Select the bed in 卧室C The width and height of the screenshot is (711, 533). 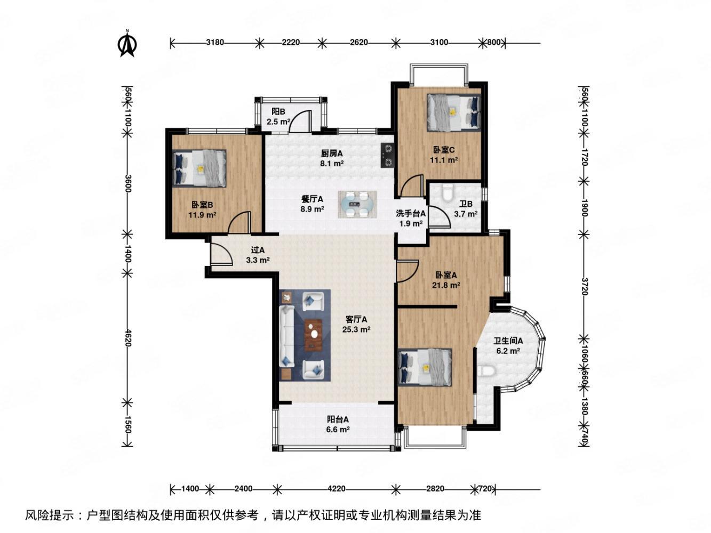coord(453,112)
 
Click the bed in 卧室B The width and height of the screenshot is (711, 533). coord(200,168)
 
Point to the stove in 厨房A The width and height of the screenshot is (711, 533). coord(387,155)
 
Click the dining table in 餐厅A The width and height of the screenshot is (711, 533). coord(357,204)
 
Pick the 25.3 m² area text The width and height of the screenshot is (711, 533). coord(356,329)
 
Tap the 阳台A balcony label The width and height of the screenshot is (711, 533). coord(338,419)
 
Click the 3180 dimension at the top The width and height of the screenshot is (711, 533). coord(214,43)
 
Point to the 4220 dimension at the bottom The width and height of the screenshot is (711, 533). coord(335,488)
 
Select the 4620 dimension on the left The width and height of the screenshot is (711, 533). coord(127,337)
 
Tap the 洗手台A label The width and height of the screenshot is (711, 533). coord(411,214)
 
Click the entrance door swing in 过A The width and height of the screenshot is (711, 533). coord(220,254)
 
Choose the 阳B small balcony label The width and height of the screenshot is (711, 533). coord(278,111)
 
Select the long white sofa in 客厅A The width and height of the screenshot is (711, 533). coord(286,335)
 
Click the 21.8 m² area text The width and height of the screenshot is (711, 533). coord(446,285)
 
